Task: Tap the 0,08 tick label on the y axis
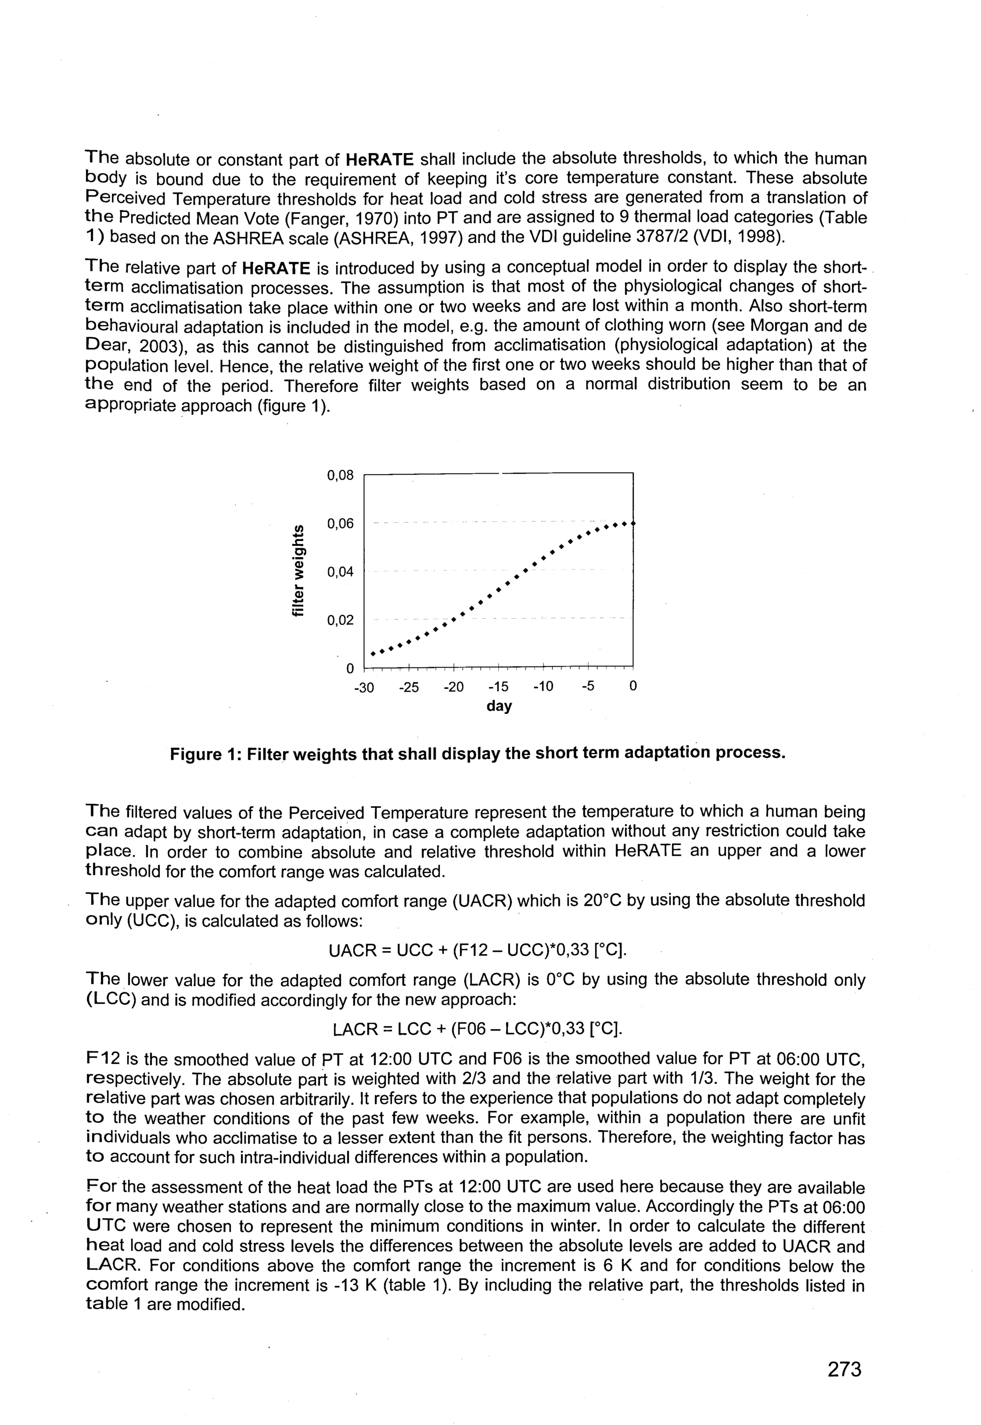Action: [x=340, y=476]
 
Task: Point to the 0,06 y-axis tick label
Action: [x=340, y=524]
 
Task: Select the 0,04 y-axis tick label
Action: [x=340, y=572]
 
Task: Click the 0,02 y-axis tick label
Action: [x=340, y=621]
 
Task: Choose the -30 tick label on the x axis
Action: [x=364, y=687]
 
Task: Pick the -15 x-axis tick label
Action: [x=498, y=687]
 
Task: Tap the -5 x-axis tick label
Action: [x=588, y=687]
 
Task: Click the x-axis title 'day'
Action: [x=499, y=706]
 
